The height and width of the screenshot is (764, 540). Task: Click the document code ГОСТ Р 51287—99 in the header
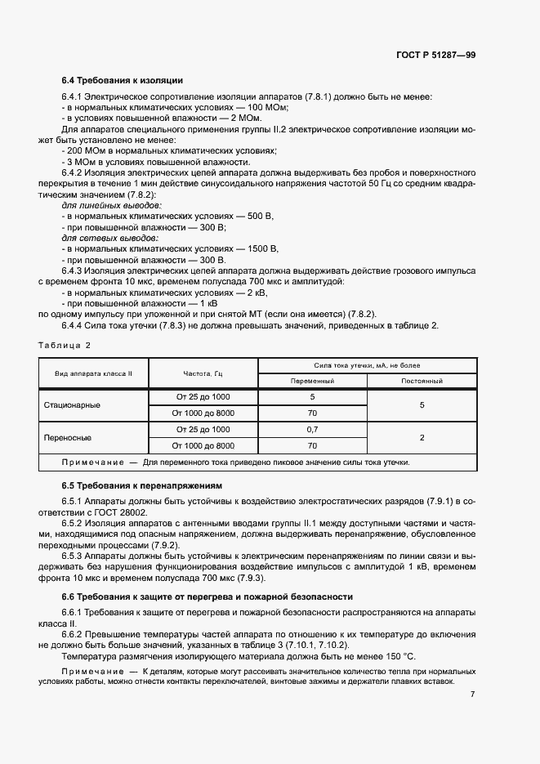tap(435, 54)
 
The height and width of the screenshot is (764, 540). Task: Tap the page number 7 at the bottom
tap(473, 694)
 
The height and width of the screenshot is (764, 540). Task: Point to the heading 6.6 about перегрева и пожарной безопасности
tap(208, 596)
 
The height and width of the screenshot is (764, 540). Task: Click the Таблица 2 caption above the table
tap(65, 345)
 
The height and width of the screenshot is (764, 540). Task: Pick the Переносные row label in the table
tap(67, 437)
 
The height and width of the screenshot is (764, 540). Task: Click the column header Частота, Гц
tap(203, 373)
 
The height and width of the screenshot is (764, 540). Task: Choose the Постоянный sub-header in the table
tap(422, 381)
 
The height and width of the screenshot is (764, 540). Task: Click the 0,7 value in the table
tap(312, 429)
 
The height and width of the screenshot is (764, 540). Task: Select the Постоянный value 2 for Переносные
tap(422, 438)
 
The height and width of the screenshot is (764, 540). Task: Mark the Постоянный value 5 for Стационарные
tap(422, 404)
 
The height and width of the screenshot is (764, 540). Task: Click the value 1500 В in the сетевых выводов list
tap(263, 248)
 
